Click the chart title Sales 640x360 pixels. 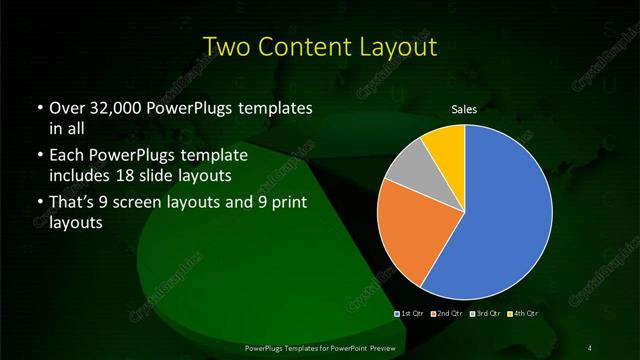[x=463, y=109]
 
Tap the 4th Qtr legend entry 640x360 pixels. [x=526, y=315]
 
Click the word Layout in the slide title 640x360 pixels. [x=396, y=47]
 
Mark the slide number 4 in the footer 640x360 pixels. [x=590, y=347]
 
